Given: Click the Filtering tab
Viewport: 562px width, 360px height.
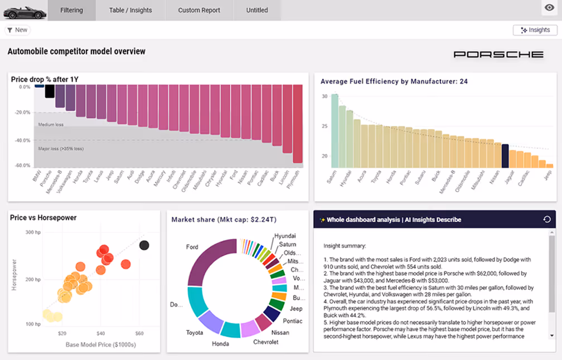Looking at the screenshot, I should tap(71, 10).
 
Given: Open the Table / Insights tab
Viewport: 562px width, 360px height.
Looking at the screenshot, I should tap(130, 10).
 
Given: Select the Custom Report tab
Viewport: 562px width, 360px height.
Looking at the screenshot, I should tap(199, 10).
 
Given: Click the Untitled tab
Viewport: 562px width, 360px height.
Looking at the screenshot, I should tap(257, 10).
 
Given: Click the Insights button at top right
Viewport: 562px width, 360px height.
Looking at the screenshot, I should tap(535, 30).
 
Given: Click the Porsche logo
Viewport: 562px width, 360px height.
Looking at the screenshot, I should tap(498, 55).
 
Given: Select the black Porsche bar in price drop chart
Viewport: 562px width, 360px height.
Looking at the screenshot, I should tap(50, 91).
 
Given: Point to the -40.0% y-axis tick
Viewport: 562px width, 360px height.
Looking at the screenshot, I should tap(23, 140).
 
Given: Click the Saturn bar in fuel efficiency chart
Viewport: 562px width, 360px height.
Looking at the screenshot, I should tap(335, 131).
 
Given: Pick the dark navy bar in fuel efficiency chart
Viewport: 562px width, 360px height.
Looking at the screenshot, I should tap(505, 156).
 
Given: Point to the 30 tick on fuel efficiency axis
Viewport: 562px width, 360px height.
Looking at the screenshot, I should tap(324, 96).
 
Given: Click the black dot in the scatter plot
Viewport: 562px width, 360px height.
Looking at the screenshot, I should tap(144, 245).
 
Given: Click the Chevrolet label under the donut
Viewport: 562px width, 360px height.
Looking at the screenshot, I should tap(265, 342).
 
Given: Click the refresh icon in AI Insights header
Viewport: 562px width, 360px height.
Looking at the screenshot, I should tap(547, 220).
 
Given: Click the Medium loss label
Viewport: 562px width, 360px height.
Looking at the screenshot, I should tap(51, 125).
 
